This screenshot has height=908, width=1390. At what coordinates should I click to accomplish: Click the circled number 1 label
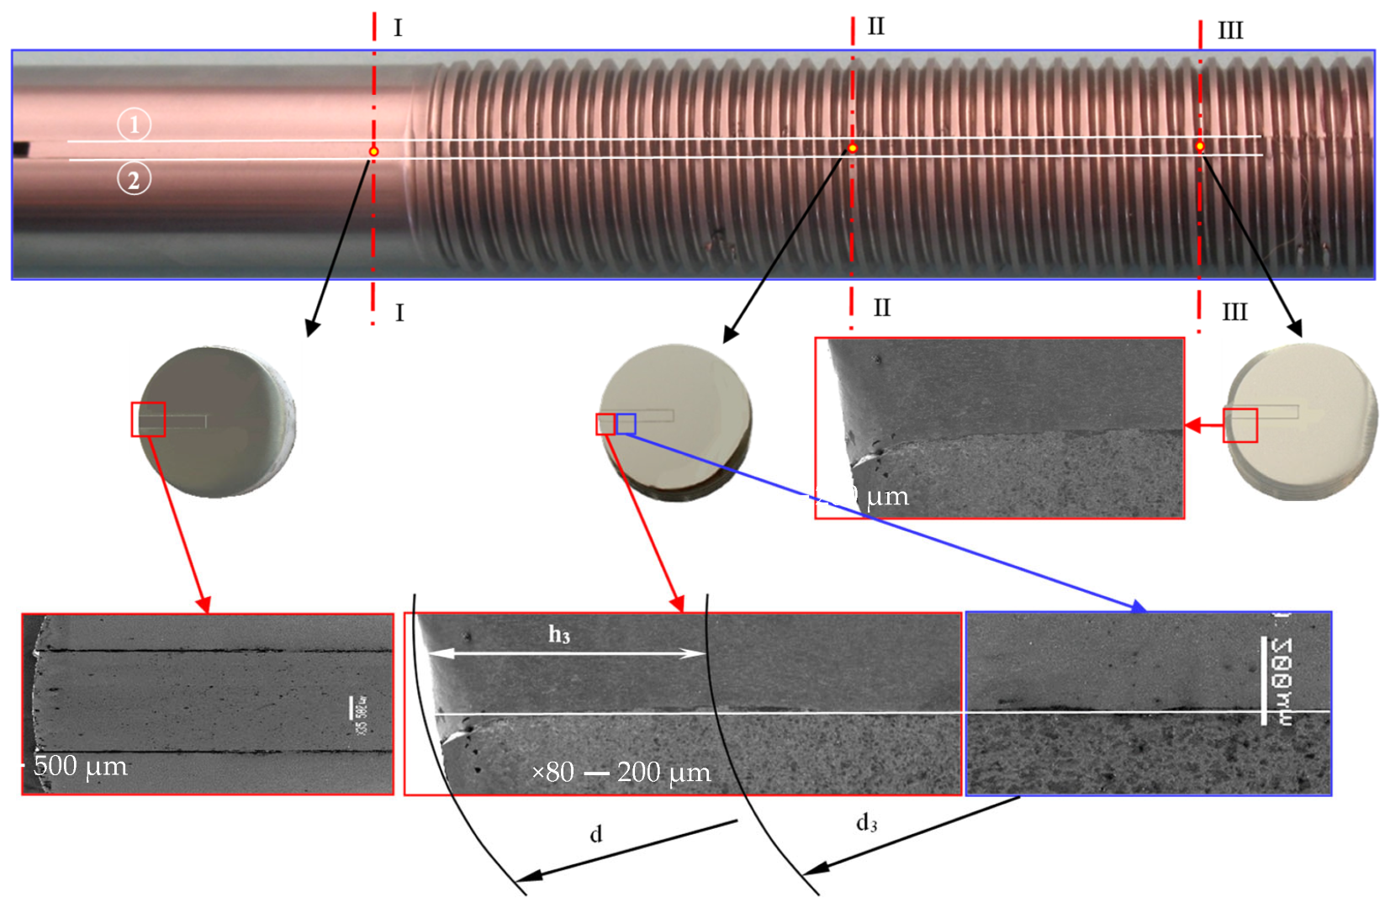pos(134,124)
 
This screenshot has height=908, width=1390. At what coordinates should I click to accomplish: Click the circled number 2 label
pos(134,179)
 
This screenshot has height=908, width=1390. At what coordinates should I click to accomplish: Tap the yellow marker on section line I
pos(374,151)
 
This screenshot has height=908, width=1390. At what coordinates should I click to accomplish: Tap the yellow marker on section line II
pos(853,148)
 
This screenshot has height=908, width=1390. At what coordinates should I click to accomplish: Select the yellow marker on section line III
pos(1200,146)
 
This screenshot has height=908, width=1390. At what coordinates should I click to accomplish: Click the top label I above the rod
pos(398,29)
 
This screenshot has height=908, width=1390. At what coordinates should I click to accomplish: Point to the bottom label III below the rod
pos(1234,313)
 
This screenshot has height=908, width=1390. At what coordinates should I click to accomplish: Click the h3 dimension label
pos(559,635)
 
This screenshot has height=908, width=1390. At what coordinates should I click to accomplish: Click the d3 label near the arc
pos(866,823)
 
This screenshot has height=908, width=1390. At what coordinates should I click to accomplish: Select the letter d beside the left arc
pos(595,834)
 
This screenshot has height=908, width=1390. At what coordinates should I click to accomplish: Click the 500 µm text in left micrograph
pos(81,766)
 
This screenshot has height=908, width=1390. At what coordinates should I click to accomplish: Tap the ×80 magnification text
pos(552,772)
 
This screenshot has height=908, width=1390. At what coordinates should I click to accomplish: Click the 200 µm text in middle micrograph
pos(663,772)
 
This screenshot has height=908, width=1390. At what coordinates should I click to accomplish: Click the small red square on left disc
pos(148,420)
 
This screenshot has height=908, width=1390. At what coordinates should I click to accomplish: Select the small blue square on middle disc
pos(626,424)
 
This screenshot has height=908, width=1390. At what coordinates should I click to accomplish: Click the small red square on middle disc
pos(605,424)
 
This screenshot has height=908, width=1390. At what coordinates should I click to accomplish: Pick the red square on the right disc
pos(1240,425)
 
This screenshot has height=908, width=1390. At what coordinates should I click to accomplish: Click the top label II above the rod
pos(875,27)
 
